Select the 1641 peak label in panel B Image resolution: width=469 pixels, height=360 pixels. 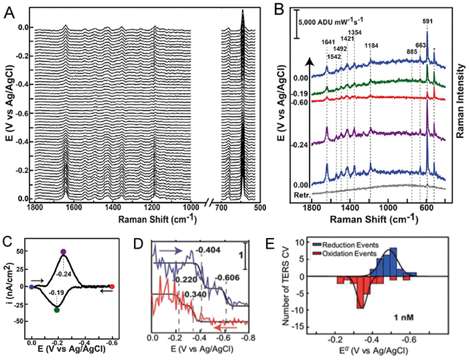pos(327,42)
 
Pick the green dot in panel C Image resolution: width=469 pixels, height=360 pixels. pos(56,310)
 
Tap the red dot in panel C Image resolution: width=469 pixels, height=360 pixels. pos(112,287)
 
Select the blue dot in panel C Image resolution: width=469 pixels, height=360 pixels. pos(31,287)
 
